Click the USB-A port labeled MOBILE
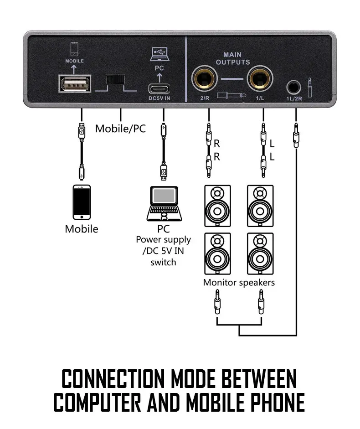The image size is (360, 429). tap(75, 84)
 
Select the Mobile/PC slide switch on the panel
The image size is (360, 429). tap(115, 79)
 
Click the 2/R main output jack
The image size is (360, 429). tap(207, 78)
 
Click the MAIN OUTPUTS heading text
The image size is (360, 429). tap(233, 58)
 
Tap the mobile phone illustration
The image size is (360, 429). tap(81, 202)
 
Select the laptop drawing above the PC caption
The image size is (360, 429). tap(163, 203)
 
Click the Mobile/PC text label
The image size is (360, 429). tap(120, 129)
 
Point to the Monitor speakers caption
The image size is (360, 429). tap(239, 283)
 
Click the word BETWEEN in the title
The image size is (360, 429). tap(258, 379)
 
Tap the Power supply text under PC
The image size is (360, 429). tap(163, 239)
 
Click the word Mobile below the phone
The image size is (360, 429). tap(81, 229)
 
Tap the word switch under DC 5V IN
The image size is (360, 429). tap(163, 262)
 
